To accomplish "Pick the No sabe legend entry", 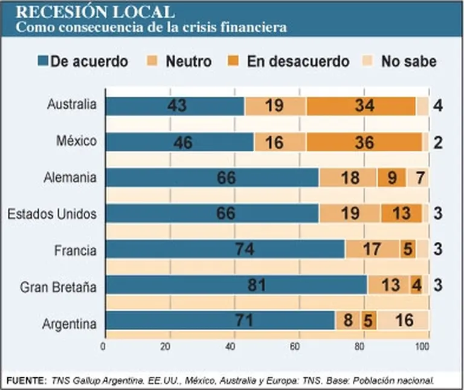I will point(408,62).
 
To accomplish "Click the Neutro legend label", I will point(188,62).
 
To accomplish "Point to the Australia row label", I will point(71,105).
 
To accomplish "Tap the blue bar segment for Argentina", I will point(219,320).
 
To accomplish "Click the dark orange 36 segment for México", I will point(364,141).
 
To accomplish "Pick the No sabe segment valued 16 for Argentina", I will point(402,320).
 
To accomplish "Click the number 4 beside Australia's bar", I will point(438,105).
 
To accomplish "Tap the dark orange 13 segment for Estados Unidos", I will point(401,213).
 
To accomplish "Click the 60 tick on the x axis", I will point(295,347).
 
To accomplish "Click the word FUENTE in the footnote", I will point(25,380).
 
